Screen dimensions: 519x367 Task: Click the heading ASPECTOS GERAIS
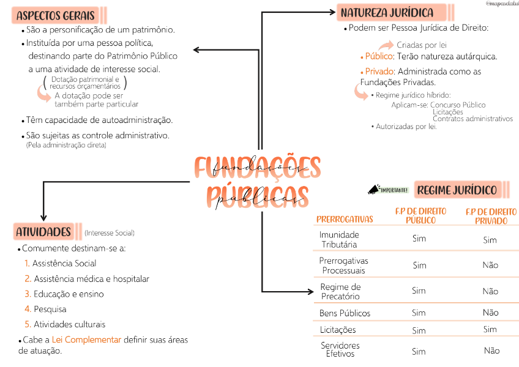[x=56, y=15]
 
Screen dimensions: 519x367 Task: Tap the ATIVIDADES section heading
[x=43, y=232]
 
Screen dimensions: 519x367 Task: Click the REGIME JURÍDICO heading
[x=457, y=190]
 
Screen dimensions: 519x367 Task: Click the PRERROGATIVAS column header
[x=345, y=219]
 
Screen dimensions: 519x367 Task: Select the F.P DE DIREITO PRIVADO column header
[x=491, y=216]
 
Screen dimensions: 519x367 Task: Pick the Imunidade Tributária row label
[x=339, y=239]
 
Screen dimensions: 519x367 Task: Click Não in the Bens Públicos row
[x=490, y=313]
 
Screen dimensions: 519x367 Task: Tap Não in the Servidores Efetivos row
[x=491, y=350]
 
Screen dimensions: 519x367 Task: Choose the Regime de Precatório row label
[x=340, y=291]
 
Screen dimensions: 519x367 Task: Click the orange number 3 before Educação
[x=28, y=294]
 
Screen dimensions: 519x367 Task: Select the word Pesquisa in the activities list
[x=50, y=310]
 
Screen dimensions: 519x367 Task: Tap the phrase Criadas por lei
[x=422, y=45]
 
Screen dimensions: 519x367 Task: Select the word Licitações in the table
[x=338, y=330]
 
